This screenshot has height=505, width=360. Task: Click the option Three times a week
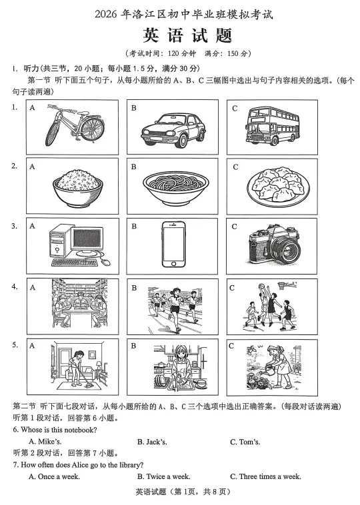pos(265,476)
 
